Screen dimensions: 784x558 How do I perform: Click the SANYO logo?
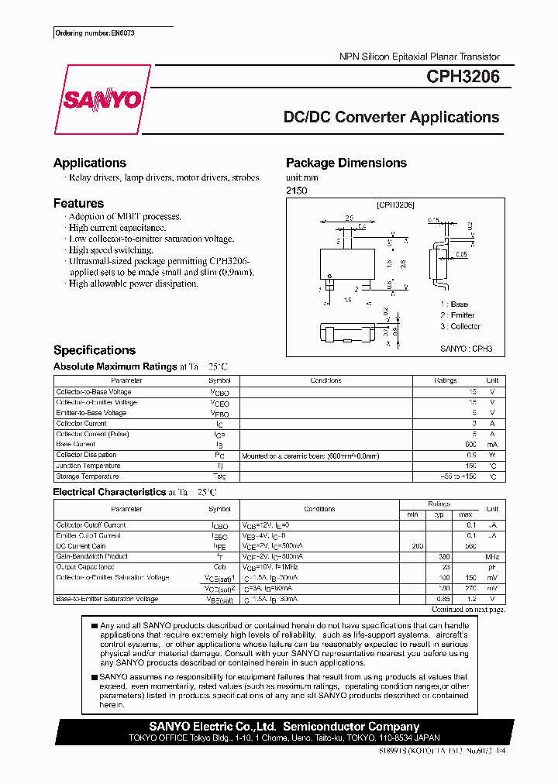point(101,100)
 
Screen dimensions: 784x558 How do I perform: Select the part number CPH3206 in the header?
point(463,77)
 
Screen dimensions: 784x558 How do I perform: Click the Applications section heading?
point(90,163)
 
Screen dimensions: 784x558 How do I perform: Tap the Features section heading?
point(78,203)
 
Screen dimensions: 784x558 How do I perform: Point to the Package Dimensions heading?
point(346,163)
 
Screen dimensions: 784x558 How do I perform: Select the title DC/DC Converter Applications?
point(391,118)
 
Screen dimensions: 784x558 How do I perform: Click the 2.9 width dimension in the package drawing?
point(350,218)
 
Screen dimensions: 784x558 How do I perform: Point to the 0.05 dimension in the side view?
point(461,254)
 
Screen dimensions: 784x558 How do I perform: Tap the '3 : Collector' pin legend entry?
point(460,326)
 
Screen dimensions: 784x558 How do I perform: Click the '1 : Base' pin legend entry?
point(454,304)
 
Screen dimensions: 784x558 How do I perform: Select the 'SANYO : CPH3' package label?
point(466,349)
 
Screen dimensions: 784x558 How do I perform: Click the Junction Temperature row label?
point(88,466)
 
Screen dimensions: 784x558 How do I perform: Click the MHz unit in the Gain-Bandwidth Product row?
point(492,555)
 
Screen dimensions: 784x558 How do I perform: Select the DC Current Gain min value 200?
point(417,545)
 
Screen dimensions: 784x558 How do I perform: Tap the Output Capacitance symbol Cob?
point(219,566)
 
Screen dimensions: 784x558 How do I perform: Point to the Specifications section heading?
point(95,350)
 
